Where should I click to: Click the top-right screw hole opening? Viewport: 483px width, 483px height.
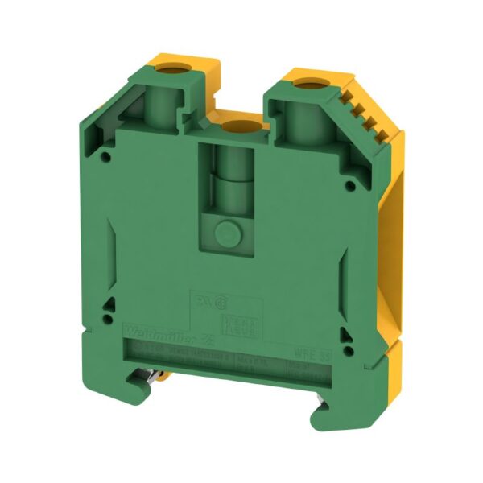coord(308,82)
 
